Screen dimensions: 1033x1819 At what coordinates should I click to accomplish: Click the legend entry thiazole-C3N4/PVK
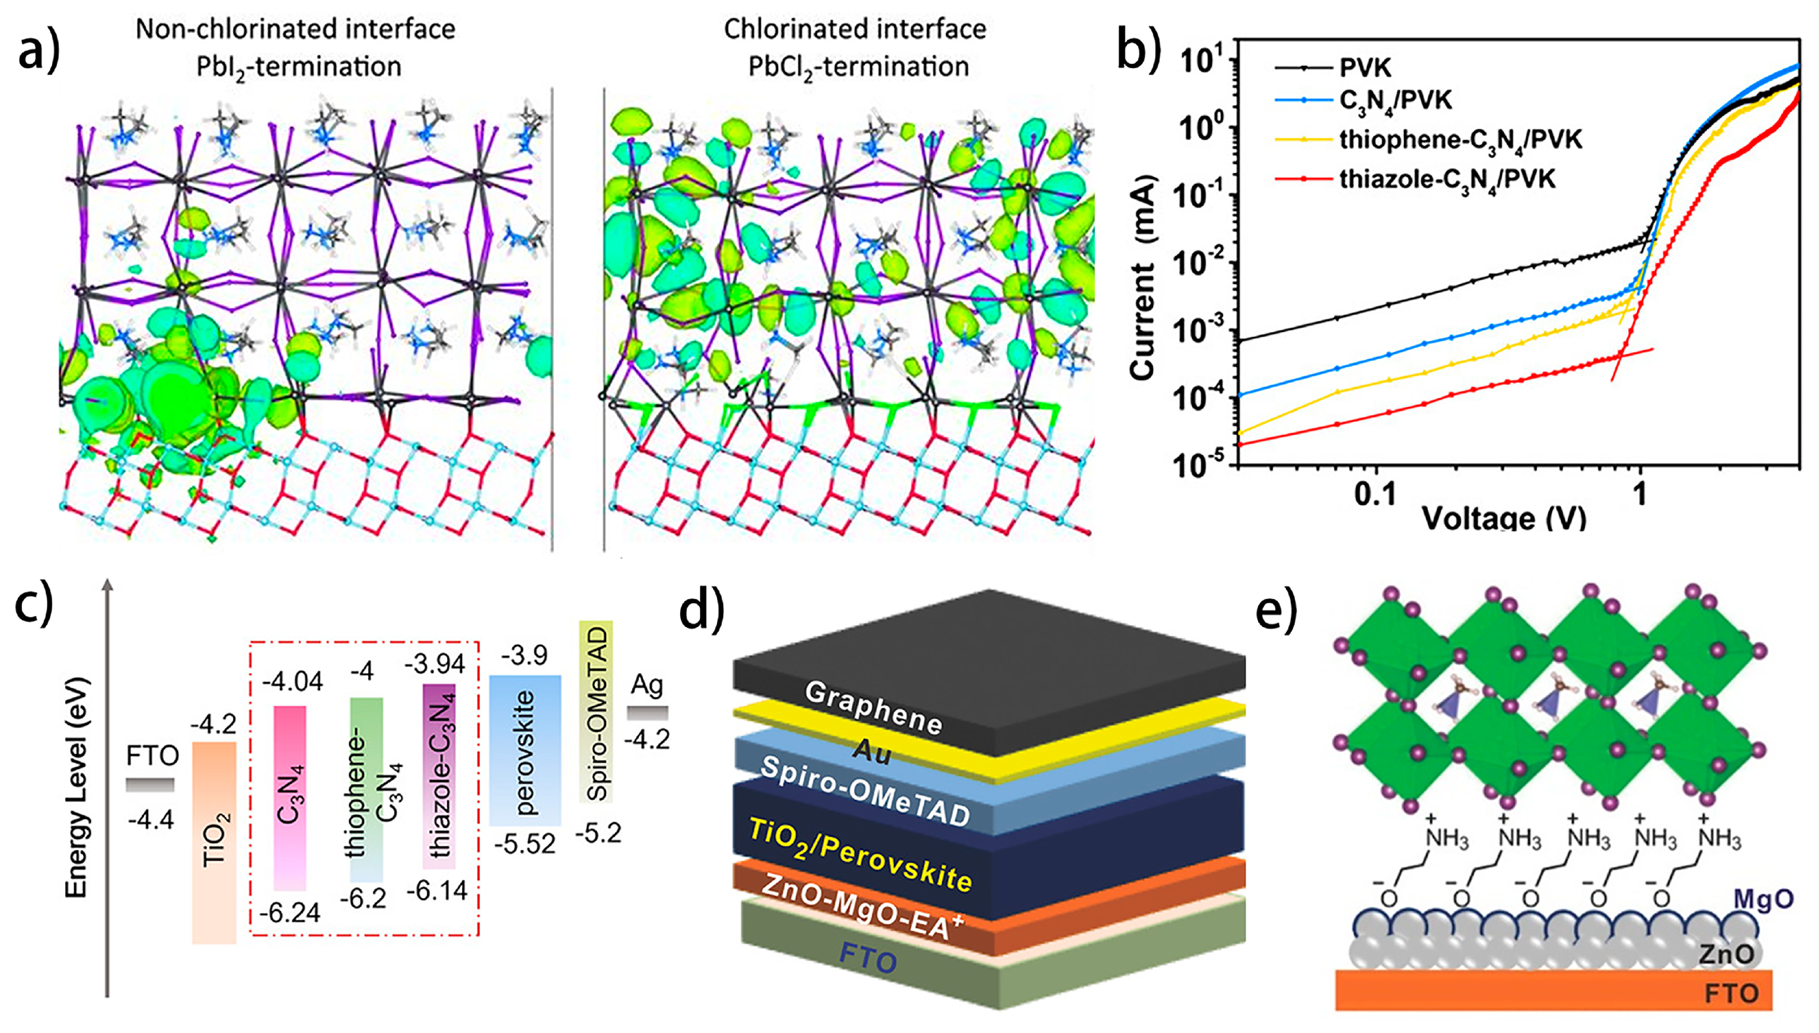pos(1446,179)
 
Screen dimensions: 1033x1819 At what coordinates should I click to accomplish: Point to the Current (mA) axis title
pos(1142,277)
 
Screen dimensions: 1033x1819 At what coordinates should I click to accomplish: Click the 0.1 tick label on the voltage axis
pos(1375,494)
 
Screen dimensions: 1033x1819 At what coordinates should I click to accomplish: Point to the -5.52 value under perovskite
pos(525,844)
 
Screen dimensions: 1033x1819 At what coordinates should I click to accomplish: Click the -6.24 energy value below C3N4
pos(289,913)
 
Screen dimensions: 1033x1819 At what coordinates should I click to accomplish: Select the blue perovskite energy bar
pos(525,751)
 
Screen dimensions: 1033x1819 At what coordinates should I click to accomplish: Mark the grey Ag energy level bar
pos(647,712)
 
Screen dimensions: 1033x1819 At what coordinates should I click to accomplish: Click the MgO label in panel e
pos(1763,900)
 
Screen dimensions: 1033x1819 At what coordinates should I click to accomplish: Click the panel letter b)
pos(1138,51)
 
